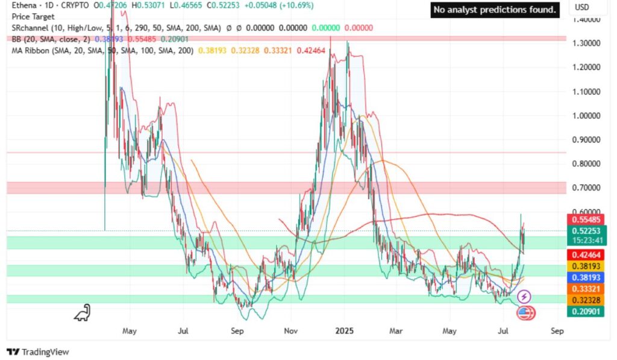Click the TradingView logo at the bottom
38,352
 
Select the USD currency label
582,7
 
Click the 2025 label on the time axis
344,331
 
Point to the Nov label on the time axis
292,331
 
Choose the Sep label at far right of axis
557,331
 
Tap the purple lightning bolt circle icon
524,296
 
